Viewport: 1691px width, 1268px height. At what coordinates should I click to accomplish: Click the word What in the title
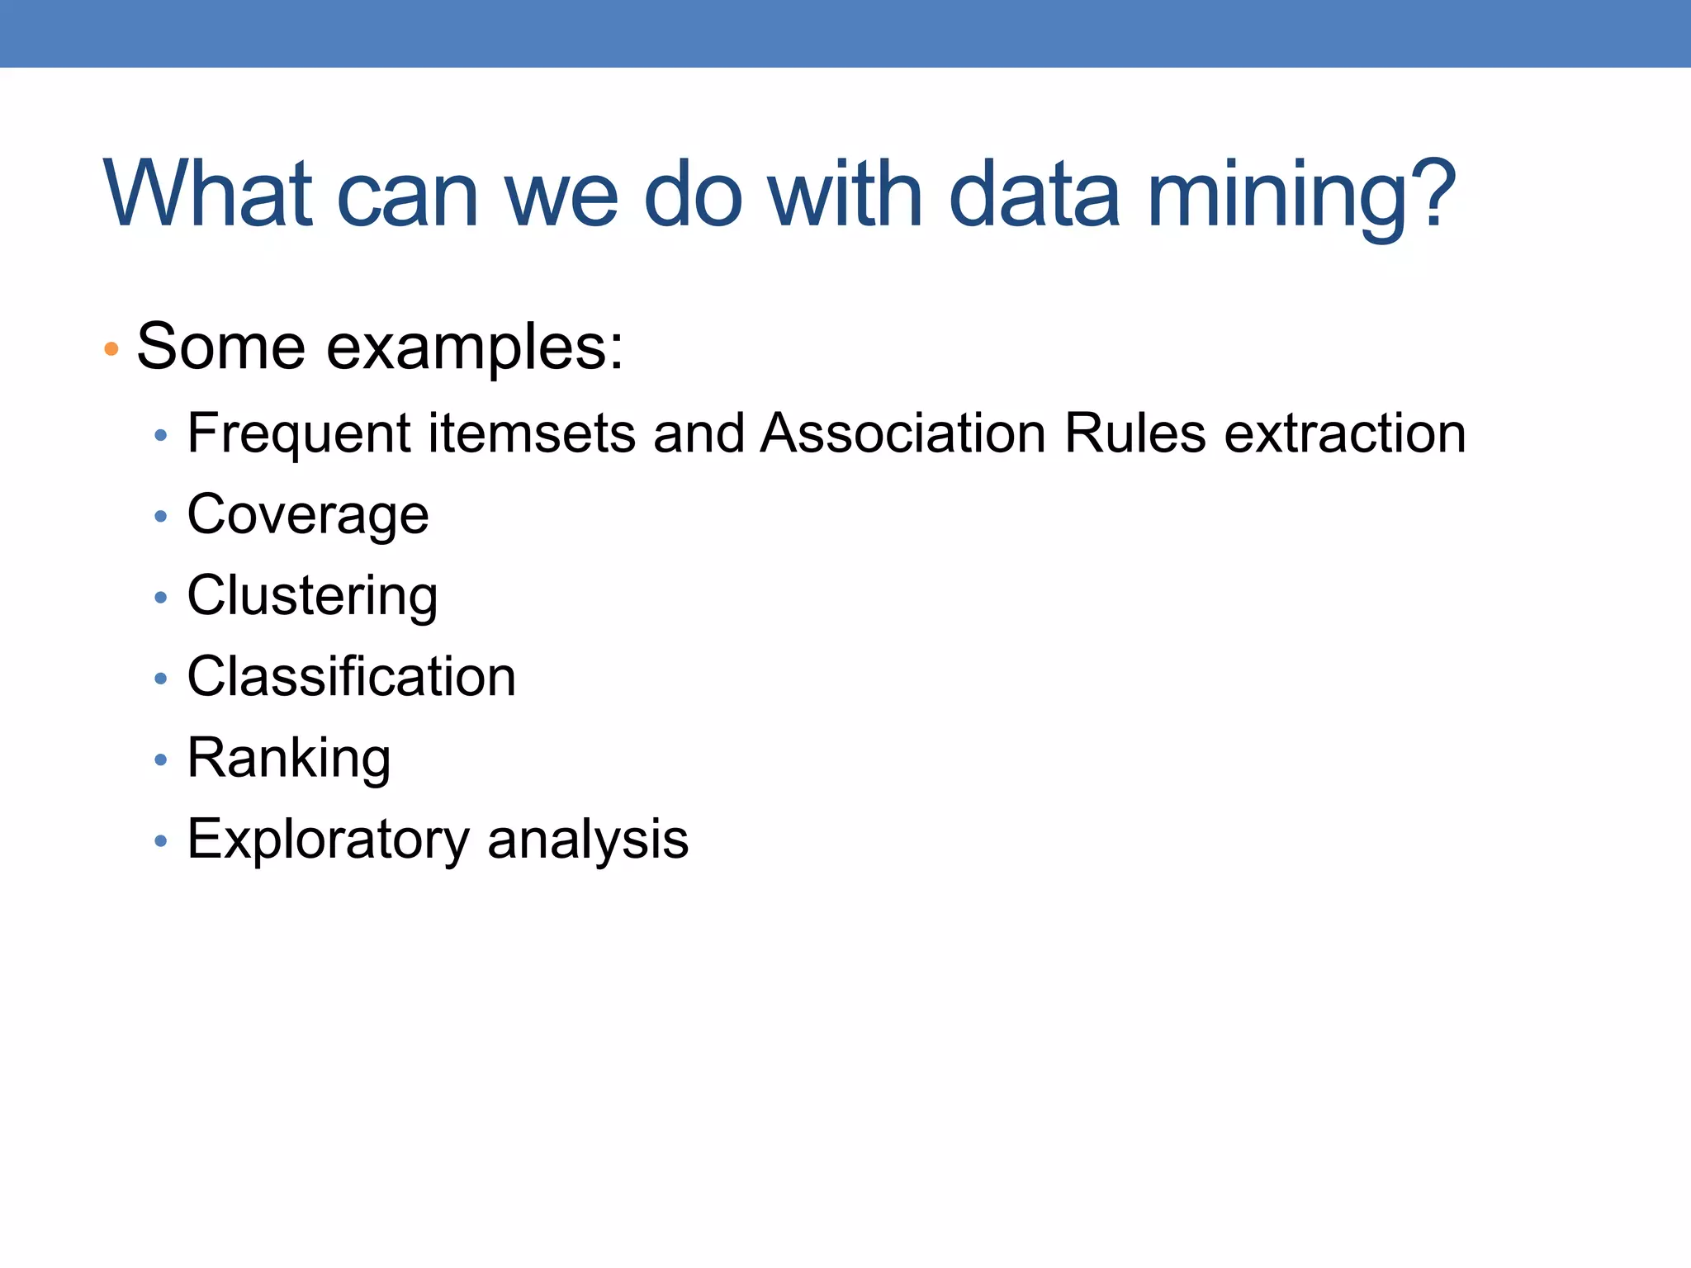click(208, 194)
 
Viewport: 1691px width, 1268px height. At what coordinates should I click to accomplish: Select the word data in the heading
click(1035, 194)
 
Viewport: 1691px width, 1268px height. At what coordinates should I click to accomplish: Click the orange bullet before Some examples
click(111, 349)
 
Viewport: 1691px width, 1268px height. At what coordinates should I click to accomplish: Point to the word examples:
click(475, 348)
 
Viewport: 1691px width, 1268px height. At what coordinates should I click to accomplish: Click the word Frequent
click(299, 433)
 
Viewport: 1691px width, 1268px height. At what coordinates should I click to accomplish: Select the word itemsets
click(532, 433)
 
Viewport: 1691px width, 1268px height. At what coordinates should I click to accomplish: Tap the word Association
click(903, 433)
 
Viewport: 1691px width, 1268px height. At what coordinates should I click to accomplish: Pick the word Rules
click(1135, 433)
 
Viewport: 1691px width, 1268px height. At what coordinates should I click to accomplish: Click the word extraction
click(1345, 433)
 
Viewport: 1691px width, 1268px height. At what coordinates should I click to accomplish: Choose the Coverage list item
click(308, 515)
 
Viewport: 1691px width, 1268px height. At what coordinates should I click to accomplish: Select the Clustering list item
click(312, 596)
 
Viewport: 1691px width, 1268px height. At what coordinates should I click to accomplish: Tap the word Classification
click(351, 677)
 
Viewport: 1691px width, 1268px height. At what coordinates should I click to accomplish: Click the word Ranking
click(289, 758)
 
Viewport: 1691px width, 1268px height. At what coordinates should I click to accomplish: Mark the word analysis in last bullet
click(588, 840)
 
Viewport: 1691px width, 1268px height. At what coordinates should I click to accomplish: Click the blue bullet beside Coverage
click(161, 517)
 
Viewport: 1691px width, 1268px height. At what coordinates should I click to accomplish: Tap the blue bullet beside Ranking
click(161, 759)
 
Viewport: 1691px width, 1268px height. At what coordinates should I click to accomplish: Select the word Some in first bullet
click(220, 348)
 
